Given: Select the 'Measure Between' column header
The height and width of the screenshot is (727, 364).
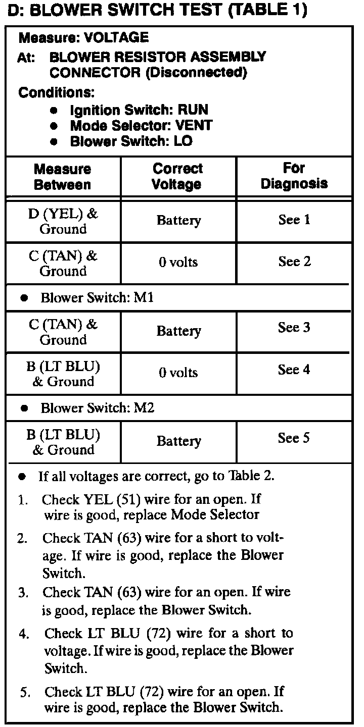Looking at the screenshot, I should pos(63,177).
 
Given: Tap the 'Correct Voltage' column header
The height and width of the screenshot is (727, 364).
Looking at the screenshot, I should pos(177,177).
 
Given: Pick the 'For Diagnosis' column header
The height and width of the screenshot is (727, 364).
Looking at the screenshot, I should pos(294,176).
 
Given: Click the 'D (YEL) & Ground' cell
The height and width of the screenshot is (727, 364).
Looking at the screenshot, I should pos(63,221).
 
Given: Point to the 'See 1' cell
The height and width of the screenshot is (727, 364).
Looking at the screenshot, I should pos(294,220).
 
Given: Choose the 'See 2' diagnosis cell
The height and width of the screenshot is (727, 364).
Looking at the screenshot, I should pos(294,262).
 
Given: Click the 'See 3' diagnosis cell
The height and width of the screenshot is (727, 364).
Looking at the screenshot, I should pos(294,328).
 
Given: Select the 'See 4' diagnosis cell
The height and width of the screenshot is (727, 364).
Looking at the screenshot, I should pos(294,370).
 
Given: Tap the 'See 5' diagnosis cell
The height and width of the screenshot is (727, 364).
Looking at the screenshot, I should pos(294,438).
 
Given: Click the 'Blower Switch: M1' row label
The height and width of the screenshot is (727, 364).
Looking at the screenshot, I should pos(97,298).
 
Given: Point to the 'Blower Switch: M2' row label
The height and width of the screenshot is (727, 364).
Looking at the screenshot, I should pos(97,408).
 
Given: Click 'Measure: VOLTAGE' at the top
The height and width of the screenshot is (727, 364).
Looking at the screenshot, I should pos(83,38).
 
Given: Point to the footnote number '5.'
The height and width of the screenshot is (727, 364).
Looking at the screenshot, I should pos(25,693).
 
